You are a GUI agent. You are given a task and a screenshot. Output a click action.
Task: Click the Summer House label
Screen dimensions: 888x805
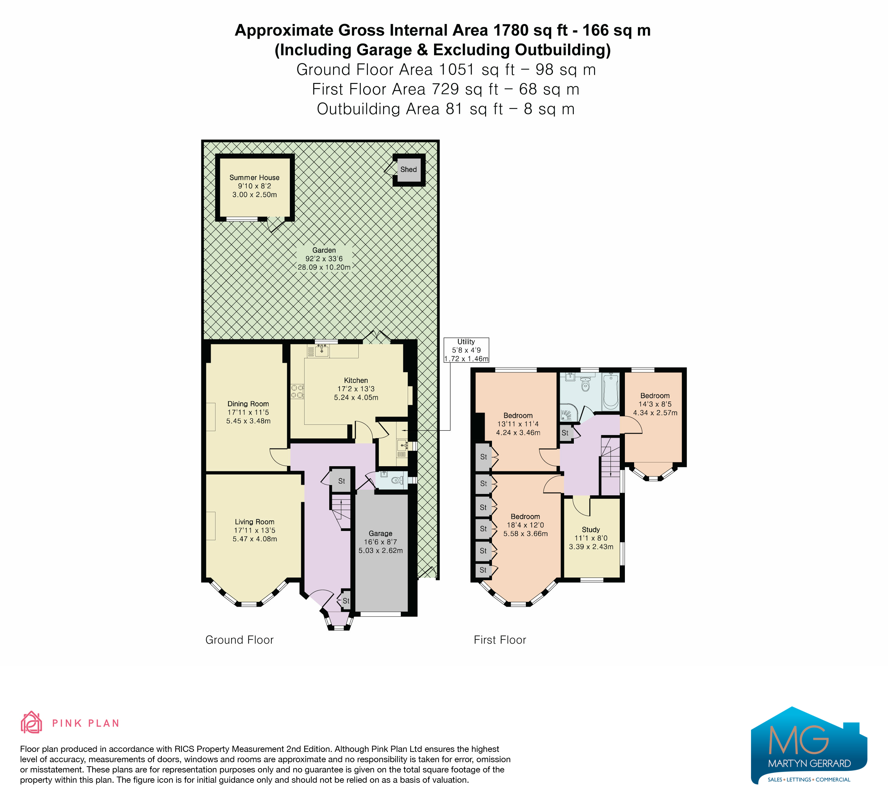tap(254, 177)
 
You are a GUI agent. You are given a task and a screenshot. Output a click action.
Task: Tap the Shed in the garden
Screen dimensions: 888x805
tap(409, 170)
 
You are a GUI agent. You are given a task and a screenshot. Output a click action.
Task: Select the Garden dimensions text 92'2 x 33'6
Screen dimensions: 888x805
tap(324, 259)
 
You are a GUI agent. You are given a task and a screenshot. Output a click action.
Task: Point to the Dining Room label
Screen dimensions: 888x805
tap(248, 404)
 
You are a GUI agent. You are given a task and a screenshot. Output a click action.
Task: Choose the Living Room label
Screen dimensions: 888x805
tap(255, 522)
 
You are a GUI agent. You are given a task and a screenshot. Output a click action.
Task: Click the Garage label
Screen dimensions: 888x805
tap(381, 533)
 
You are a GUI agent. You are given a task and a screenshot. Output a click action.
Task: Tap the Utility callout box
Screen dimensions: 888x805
tap(466, 350)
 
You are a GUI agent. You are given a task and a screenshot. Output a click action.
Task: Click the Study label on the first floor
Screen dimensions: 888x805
tap(591, 530)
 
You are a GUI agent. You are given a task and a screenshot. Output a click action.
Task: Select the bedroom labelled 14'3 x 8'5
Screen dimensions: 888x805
tap(655, 404)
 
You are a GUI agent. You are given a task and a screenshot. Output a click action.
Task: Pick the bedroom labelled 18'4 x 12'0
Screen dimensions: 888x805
tap(526, 525)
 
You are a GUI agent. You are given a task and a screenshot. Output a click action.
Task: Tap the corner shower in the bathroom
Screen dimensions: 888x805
tap(567, 413)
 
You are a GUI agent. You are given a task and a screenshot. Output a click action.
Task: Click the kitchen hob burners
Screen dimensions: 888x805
tap(297, 392)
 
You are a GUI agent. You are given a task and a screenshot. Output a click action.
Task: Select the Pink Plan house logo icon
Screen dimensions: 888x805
tap(31, 723)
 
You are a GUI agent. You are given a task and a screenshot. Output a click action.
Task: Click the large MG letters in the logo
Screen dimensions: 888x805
tap(799, 740)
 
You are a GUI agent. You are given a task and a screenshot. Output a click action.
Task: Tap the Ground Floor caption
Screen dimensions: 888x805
tap(239, 640)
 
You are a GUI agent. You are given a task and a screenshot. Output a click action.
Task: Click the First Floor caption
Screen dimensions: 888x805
tap(500, 640)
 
